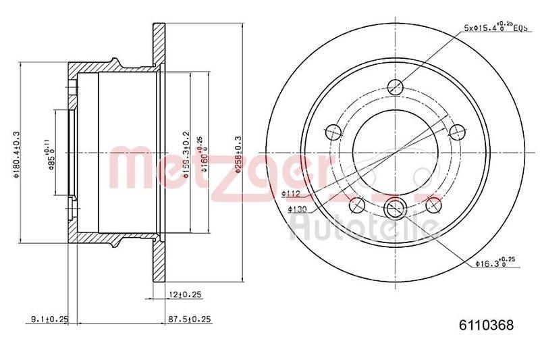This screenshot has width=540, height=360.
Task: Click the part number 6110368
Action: point(482,325)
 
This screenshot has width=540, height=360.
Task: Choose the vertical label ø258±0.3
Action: point(238,153)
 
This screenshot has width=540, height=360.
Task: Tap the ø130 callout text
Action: point(298,209)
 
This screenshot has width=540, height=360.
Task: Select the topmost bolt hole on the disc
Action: point(396,87)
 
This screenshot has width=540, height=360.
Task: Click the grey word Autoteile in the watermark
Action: point(361,230)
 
